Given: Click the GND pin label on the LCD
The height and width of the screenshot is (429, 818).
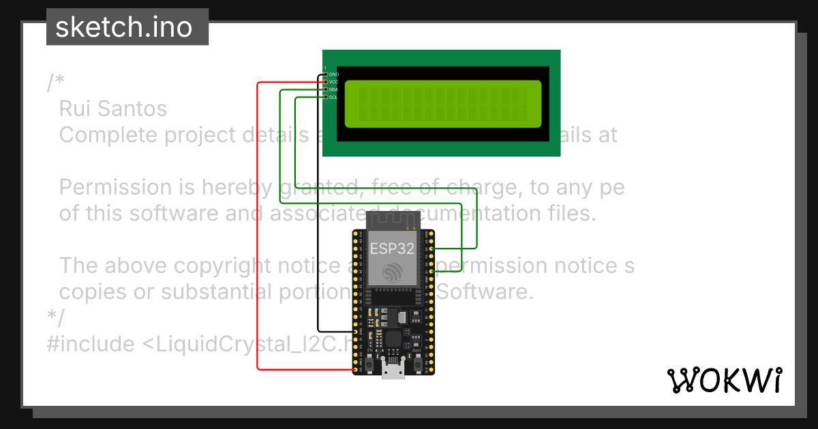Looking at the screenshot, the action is click(333, 74).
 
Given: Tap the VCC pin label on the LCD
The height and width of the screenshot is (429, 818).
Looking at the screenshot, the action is click(333, 82).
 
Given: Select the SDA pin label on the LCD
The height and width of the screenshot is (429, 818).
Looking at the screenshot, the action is click(333, 89).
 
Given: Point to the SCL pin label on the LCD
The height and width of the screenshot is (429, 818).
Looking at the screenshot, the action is click(333, 97).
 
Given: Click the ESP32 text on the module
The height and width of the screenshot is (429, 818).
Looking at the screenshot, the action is click(391, 249).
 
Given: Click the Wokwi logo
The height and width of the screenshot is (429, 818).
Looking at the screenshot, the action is click(724, 381).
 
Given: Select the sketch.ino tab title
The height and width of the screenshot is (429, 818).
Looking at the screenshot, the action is click(123, 27).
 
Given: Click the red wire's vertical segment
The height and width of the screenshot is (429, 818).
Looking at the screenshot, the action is click(257, 225).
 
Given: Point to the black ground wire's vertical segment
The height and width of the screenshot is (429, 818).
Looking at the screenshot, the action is click(318, 204).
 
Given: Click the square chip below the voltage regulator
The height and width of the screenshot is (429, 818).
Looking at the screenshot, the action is click(393, 339).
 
